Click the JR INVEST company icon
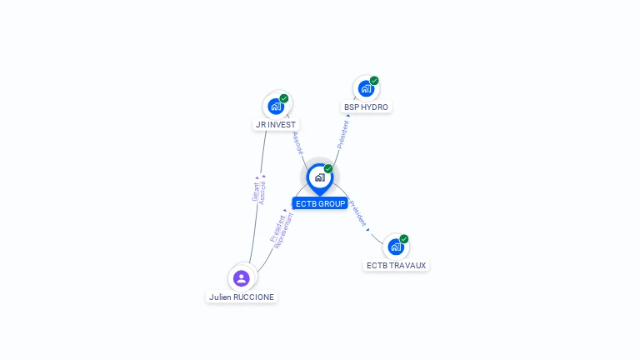276,107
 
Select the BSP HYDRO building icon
365,88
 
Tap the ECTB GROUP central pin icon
319,177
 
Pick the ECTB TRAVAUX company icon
395,247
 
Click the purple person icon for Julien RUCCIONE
242,277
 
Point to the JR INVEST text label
276,125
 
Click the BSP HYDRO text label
366,107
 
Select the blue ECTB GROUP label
320,203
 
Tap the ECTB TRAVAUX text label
396,266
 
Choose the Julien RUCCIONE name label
242,297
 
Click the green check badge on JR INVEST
284,98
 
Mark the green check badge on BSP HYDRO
374,81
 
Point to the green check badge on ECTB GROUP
328,169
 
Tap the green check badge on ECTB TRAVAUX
404,239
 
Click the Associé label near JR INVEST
298,143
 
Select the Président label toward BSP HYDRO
342,133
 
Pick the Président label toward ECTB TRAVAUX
357,214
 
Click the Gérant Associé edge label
259,190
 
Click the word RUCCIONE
254,297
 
